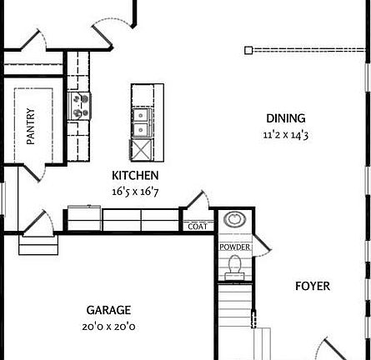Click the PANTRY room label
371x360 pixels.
(31, 127)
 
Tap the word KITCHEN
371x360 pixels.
(135, 176)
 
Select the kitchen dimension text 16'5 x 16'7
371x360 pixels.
(135, 191)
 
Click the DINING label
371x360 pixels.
(285, 118)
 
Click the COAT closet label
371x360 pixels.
(198, 226)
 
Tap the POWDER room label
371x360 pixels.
(235, 247)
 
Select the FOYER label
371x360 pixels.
(313, 287)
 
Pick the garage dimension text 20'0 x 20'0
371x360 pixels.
(109, 327)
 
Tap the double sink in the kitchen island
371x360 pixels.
(141, 122)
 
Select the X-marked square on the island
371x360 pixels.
(141, 151)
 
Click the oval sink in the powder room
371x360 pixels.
(235, 220)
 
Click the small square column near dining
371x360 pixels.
(248, 50)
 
